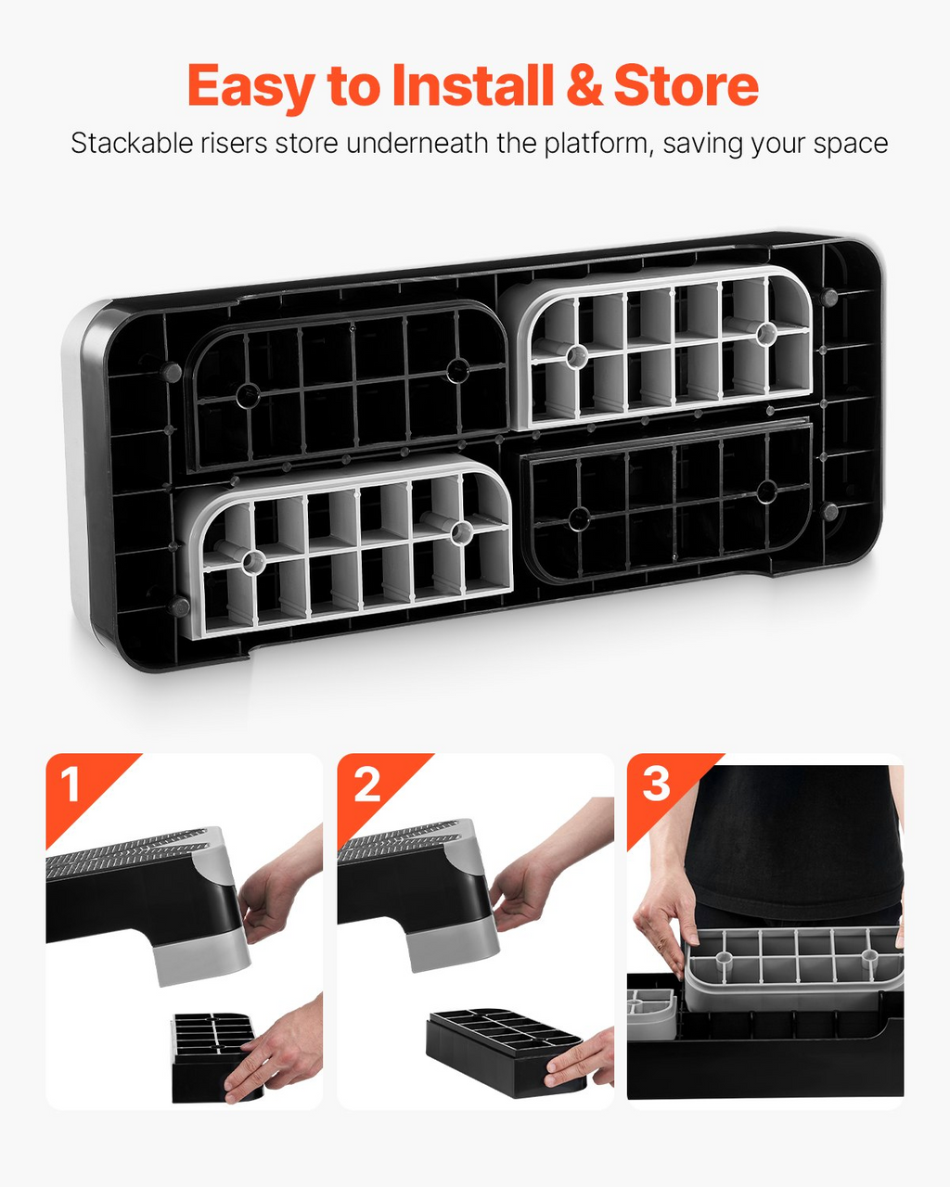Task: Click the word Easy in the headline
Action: (251, 87)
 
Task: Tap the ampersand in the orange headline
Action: (584, 85)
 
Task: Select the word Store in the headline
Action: (687, 85)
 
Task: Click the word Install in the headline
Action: (472, 85)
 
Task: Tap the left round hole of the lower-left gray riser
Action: (253, 562)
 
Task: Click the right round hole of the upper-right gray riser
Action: (766, 333)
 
